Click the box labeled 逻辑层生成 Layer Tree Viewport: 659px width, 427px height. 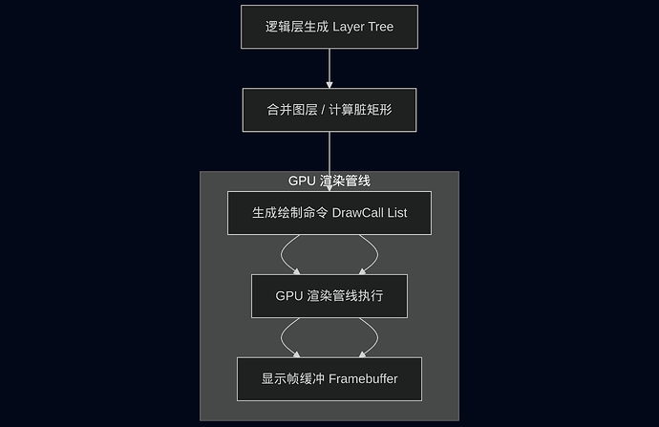coord(329,26)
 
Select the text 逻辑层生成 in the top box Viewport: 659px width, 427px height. coord(297,27)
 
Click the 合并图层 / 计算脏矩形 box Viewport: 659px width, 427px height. coord(329,110)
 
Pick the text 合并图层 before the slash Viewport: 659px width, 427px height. coord(290,110)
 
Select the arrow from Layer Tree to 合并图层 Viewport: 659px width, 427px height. coord(329,68)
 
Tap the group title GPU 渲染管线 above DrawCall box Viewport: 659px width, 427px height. coord(329,181)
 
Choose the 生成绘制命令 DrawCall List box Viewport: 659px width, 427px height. coord(329,213)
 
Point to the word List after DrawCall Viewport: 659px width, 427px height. coord(395,213)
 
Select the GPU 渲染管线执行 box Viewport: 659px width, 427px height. coord(329,296)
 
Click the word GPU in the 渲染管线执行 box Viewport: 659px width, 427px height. coord(290,296)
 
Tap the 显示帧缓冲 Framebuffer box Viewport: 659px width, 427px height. coord(329,379)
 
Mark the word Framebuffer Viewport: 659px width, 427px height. coord(363,379)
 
